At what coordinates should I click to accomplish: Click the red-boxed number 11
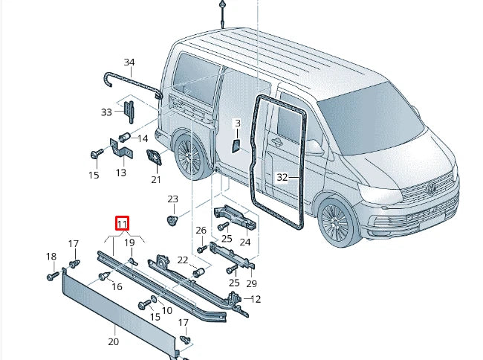[122, 223]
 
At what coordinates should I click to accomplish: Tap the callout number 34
[129, 62]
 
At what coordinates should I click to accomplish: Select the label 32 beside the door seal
[282, 178]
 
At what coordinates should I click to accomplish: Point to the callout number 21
[156, 179]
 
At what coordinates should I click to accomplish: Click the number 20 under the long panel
[113, 341]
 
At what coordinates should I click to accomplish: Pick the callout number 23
[172, 199]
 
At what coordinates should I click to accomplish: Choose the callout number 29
[251, 283]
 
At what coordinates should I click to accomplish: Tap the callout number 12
[256, 299]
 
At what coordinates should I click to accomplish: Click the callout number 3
[237, 123]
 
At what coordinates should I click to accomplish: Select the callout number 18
[51, 257]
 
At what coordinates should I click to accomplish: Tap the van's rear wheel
[188, 158]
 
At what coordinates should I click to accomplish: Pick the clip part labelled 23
[172, 221]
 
